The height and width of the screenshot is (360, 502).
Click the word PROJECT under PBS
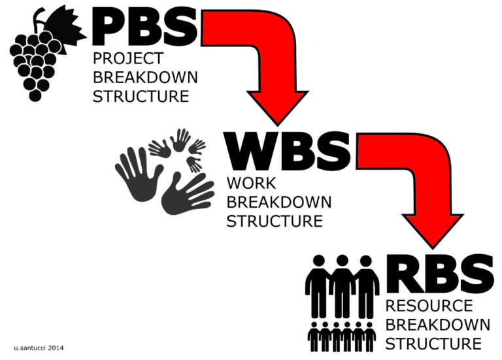[x=128, y=59]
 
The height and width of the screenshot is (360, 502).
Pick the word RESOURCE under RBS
[x=429, y=306]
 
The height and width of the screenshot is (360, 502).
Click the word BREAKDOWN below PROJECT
[x=145, y=78]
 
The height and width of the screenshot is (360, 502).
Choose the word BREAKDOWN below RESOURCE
[x=437, y=325]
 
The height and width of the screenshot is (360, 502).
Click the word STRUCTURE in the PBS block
[x=141, y=97]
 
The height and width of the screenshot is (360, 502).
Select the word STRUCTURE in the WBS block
[x=274, y=221]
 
